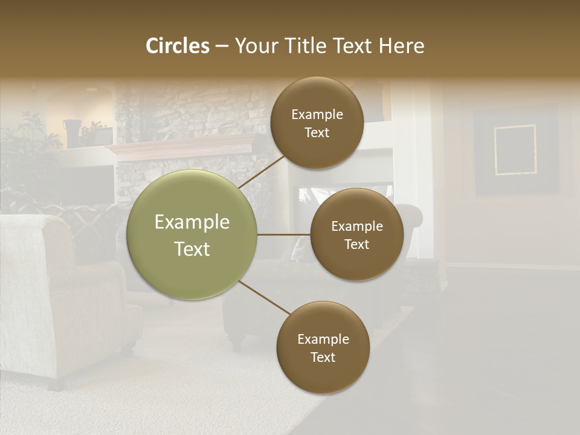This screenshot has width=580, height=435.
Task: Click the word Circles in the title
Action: (177, 46)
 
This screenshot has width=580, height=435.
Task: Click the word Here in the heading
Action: (401, 46)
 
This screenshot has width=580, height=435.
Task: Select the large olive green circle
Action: (192, 235)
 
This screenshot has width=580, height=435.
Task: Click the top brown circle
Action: (317, 123)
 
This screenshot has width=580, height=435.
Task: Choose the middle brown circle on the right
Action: (356, 235)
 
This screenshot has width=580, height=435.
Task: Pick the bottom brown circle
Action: (323, 348)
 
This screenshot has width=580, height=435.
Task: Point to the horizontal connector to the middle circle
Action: (283, 234)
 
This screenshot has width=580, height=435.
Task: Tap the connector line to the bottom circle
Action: (265, 298)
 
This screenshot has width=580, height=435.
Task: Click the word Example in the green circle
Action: (192, 222)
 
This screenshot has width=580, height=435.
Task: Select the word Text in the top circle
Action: (317, 133)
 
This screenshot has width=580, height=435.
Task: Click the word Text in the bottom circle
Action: (323, 358)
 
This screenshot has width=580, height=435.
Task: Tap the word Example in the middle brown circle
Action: (356, 227)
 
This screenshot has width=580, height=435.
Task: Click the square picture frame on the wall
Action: (515, 150)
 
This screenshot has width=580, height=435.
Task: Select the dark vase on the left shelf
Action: (72, 132)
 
